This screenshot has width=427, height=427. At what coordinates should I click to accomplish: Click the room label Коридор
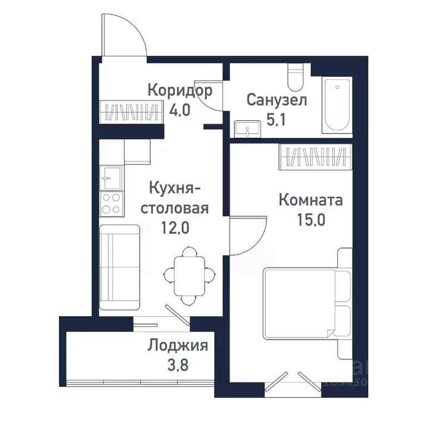point(180,90)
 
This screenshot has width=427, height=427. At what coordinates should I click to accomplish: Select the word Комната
point(310,200)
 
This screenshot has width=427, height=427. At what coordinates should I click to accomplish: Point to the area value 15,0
point(310,218)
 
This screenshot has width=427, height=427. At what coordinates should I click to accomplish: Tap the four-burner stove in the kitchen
point(111,203)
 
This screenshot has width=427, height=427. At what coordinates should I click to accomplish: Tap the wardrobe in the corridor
point(130,111)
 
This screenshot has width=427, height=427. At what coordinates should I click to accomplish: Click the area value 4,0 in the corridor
point(180,108)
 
